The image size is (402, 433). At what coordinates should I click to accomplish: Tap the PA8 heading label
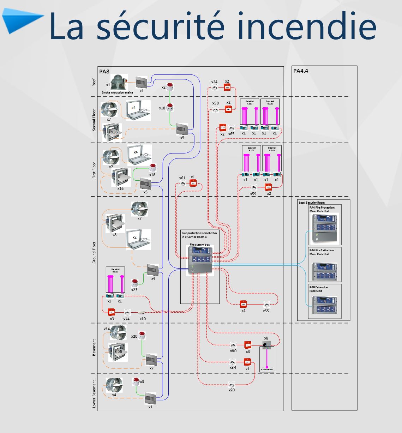point(104,72)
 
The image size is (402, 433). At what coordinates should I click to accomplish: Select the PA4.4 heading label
point(301,71)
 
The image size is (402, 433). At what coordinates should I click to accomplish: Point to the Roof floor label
point(94,82)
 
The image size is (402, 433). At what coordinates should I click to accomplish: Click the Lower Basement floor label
point(94,393)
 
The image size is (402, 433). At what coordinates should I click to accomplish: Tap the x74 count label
point(127,319)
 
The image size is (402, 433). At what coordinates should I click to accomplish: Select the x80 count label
point(233,351)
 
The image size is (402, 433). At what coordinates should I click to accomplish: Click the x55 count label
point(266,311)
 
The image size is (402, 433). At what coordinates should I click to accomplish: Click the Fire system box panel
point(200,260)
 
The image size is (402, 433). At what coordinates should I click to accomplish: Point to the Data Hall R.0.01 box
point(115,281)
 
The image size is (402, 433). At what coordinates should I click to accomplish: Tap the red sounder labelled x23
point(134,282)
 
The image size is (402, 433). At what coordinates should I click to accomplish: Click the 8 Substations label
point(267,369)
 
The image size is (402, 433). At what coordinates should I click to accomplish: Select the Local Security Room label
point(312,203)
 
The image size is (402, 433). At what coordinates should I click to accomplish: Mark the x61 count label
point(182,178)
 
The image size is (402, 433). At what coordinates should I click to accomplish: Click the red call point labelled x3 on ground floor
point(112,312)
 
